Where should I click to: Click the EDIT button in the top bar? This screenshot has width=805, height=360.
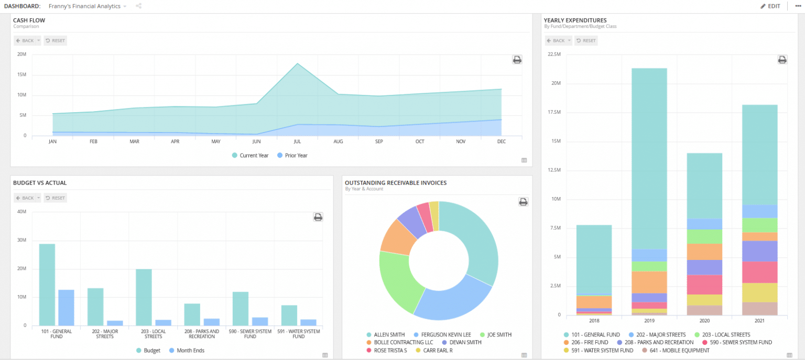(770, 6)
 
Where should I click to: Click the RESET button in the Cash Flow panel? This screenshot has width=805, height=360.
(55, 40)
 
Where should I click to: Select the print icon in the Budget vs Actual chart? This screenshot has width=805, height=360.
(318, 217)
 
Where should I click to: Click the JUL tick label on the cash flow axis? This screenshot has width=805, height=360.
(298, 141)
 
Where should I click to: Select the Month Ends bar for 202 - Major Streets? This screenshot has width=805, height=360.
(115, 323)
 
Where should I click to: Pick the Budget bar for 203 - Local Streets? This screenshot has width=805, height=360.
(144, 297)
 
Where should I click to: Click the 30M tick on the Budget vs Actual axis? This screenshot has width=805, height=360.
(21, 240)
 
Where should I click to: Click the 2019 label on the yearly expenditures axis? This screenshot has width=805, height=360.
(649, 320)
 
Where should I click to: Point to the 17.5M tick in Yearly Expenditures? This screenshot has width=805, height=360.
(554, 112)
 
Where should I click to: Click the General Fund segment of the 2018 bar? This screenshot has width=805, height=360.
(594, 259)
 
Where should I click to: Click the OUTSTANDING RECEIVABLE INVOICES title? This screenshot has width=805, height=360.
(396, 182)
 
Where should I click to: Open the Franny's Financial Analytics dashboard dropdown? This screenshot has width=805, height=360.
(87, 6)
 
